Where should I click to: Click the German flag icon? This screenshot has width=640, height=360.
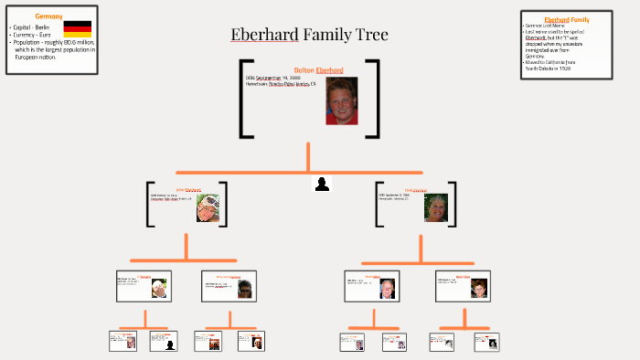pyautogui.click(x=77, y=28)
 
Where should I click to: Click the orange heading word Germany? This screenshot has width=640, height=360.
pyautogui.click(x=48, y=16)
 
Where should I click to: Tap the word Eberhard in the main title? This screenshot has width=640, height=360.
pyautogui.click(x=264, y=36)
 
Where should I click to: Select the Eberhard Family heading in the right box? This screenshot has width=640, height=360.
pyautogui.click(x=566, y=19)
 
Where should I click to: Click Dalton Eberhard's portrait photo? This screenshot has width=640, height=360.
pyautogui.click(x=341, y=101)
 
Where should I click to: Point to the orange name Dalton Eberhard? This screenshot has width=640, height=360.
pyautogui.click(x=318, y=70)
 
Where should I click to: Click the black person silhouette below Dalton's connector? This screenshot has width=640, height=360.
pyautogui.click(x=322, y=185)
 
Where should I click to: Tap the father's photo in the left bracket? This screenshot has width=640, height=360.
pyautogui.click(x=207, y=207)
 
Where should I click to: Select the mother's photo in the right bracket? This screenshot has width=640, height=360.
pyautogui.click(x=435, y=207)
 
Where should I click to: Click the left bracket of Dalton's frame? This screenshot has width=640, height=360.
pyautogui.click(x=244, y=99)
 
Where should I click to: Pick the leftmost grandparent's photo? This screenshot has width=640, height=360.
pyautogui.click(x=159, y=287)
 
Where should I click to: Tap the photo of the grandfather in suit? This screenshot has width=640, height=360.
pyautogui.click(x=387, y=288)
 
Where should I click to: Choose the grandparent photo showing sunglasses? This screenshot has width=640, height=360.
pyautogui.click(x=244, y=289)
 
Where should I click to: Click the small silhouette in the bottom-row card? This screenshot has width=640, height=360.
pyautogui.click(x=169, y=343)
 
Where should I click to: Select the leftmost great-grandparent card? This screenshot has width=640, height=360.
pyautogui.click(x=123, y=342)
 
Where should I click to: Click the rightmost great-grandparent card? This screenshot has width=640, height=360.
pyautogui.click(x=486, y=342)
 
